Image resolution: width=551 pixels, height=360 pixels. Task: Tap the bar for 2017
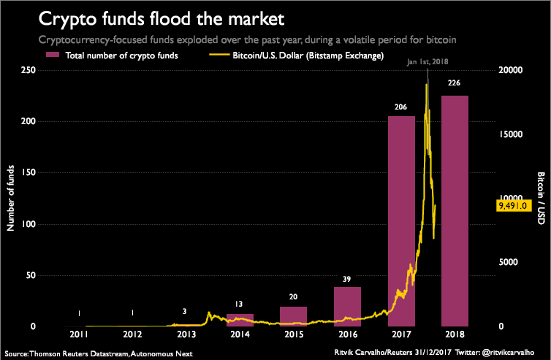[401, 219]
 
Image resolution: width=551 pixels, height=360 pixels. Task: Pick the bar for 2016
[347, 307]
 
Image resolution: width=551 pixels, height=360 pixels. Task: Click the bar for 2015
[293, 316]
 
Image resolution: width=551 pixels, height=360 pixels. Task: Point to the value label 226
[455, 83]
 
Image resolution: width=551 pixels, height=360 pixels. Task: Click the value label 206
[401, 107]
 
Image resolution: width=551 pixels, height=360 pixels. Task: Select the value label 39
[347, 278]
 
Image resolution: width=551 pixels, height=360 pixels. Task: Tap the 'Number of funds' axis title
[11, 199]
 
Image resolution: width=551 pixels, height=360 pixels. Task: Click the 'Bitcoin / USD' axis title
[541, 199]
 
